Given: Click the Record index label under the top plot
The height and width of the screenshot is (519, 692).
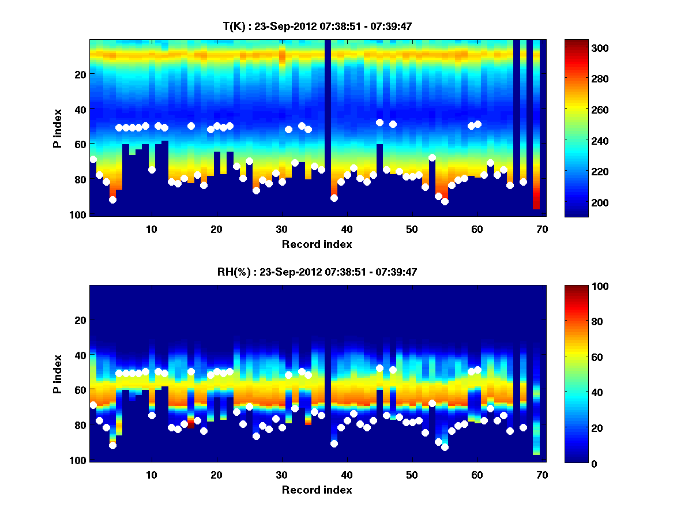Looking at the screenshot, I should (x=317, y=245).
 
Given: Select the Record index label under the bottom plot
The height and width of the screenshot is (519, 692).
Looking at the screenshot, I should (x=317, y=490).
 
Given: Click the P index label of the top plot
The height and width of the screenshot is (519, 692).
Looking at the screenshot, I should (x=57, y=127).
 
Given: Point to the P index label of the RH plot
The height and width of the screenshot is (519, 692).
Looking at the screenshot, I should (x=57, y=374).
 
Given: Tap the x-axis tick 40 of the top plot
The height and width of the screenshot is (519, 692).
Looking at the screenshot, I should (x=347, y=229).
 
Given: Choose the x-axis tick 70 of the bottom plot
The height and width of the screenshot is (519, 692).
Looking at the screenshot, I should (x=542, y=475).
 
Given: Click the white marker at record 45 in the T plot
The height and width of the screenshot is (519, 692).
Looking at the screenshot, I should (x=379, y=122).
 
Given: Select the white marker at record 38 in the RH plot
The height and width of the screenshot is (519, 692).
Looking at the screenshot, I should (x=334, y=443).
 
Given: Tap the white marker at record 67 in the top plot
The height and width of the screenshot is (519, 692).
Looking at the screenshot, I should (x=523, y=182).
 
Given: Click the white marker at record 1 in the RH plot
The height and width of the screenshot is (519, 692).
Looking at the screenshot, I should (x=93, y=405).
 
